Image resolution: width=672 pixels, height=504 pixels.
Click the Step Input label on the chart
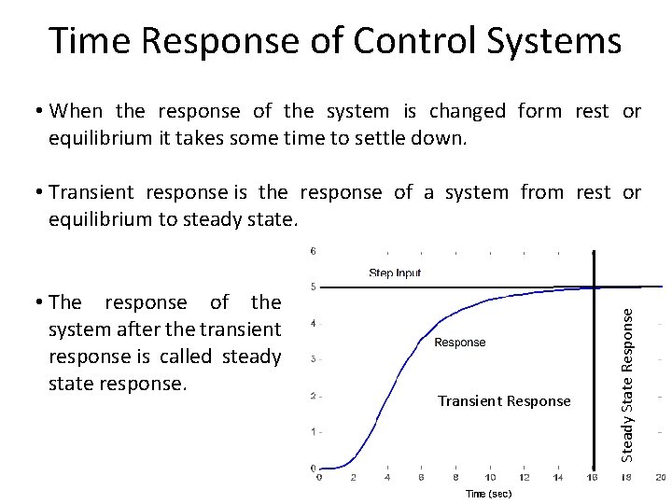point(395,273)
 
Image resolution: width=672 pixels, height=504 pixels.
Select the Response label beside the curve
point(460,343)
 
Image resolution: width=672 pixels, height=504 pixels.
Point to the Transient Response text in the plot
point(504,401)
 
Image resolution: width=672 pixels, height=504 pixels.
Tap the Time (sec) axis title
point(488,494)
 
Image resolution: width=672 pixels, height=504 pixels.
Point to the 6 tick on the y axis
point(313,250)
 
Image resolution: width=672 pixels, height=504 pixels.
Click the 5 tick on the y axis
point(313,287)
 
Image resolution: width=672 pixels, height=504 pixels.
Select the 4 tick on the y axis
point(313,323)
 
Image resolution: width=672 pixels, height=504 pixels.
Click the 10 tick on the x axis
point(490,477)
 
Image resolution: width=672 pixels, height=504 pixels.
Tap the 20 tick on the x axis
point(660,477)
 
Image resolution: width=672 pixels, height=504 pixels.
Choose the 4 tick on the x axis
point(387,477)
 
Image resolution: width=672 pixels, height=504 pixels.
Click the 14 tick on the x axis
point(558,477)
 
